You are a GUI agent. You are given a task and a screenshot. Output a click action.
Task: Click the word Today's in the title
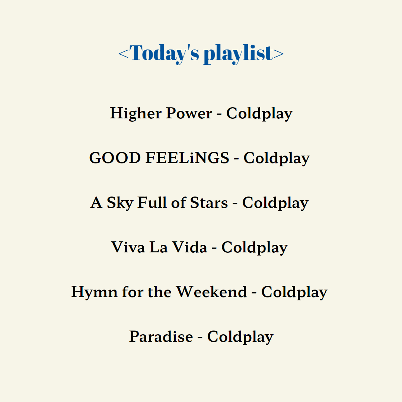164,54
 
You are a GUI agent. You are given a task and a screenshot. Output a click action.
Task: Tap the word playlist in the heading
239,54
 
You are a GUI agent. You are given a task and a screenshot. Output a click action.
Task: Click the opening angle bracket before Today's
124,54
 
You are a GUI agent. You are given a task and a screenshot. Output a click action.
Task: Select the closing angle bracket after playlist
279,54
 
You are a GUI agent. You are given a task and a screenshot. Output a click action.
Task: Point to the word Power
189,113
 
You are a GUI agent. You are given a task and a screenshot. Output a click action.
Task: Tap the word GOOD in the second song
115,158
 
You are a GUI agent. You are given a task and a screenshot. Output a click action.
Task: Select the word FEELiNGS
187,158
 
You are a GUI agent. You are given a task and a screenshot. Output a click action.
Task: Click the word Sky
120,203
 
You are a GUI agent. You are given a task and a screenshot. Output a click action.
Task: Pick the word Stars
209,202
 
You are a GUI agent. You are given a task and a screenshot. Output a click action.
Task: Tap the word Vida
190,247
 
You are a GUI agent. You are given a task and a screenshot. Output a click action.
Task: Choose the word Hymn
94,292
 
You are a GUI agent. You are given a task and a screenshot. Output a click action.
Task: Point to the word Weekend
212,292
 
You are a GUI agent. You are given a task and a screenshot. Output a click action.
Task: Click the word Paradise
161,336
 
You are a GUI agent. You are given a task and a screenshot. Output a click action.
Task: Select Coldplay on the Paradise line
240,337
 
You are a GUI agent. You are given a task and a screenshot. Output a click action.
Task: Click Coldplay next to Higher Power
259,114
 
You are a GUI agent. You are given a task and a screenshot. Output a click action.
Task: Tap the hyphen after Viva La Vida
214,248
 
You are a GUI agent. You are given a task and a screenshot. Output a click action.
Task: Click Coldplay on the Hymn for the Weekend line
294,292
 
